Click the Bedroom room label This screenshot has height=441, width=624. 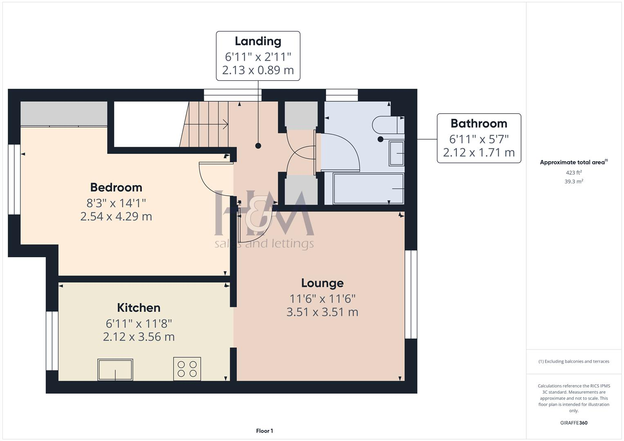[x=116, y=187]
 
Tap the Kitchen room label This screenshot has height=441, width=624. [x=139, y=307]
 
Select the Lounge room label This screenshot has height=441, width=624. [x=322, y=283]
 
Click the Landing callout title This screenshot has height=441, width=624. [x=258, y=41]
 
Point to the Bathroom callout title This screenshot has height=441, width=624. [x=479, y=123]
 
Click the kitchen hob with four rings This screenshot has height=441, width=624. [x=187, y=369]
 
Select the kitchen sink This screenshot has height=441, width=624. [x=115, y=369]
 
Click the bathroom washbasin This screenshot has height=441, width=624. [x=396, y=153]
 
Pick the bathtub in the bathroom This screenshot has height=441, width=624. [x=368, y=189]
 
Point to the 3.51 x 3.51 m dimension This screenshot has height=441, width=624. [x=322, y=312]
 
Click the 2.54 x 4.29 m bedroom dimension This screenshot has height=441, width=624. [x=116, y=216]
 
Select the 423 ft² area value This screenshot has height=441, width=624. [x=574, y=173]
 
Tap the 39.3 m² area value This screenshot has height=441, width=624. [x=574, y=182]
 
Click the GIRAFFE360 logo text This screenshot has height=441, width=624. [x=574, y=423]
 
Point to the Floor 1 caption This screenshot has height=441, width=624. [x=264, y=431]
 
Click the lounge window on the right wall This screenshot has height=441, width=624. [x=411, y=294]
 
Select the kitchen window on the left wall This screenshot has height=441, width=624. [x=52, y=341]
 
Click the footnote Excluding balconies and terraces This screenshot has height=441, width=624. [x=574, y=361]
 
